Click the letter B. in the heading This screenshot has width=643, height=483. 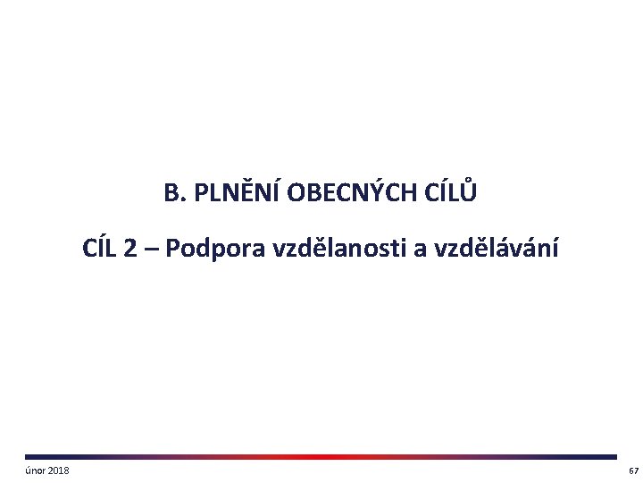click(173, 193)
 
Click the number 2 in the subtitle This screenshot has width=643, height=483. click(130, 249)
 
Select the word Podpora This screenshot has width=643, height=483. click(214, 249)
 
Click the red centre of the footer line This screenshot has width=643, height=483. click(321, 457)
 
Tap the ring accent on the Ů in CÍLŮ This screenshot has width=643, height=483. click(469, 182)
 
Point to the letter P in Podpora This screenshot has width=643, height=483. click(172, 249)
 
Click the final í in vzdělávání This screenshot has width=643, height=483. click(555, 248)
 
